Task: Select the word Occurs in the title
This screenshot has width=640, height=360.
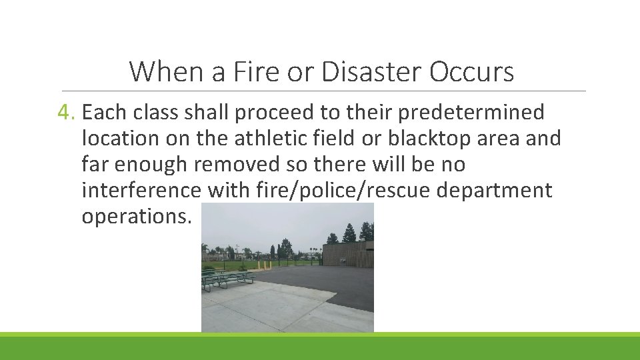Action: pyautogui.click(x=472, y=71)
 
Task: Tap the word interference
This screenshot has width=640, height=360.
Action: pyautogui.click(x=141, y=191)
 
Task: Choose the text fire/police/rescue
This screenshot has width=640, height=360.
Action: pyautogui.click(x=345, y=191)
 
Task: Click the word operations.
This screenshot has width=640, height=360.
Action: pyautogui.click(x=136, y=217)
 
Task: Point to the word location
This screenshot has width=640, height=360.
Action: pyautogui.click(x=121, y=139)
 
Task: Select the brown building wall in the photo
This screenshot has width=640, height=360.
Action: pyautogui.click(x=347, y=255)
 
